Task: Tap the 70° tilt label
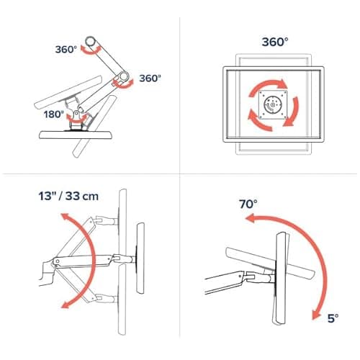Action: [248, 204]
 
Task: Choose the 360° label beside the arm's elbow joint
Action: [150, 77]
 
